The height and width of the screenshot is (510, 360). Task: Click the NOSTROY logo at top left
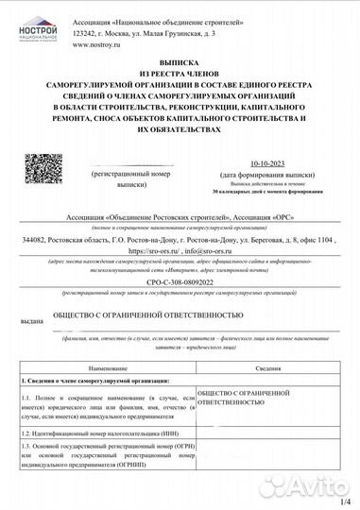coord(38,38)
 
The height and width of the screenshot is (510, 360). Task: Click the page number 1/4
coord(344,501)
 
